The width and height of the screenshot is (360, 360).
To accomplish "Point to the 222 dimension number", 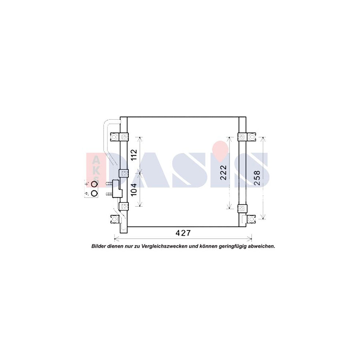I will tap(224, 172).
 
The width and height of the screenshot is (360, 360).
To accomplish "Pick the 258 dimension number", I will tap(257, 178).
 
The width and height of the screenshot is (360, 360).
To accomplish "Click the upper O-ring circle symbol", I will tap(94, 184).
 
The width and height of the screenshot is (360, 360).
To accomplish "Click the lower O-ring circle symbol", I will tap(94, 194).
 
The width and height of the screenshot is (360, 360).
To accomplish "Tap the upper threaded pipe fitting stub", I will tap(108, 184).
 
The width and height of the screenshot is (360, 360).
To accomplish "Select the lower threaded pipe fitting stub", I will tap(108, 194).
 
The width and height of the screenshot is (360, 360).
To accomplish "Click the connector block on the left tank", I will tap(117, 188).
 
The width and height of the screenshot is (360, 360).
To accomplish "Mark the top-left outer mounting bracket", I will tap(114, 137).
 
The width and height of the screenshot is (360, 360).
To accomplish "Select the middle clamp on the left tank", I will tap(124, 174).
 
